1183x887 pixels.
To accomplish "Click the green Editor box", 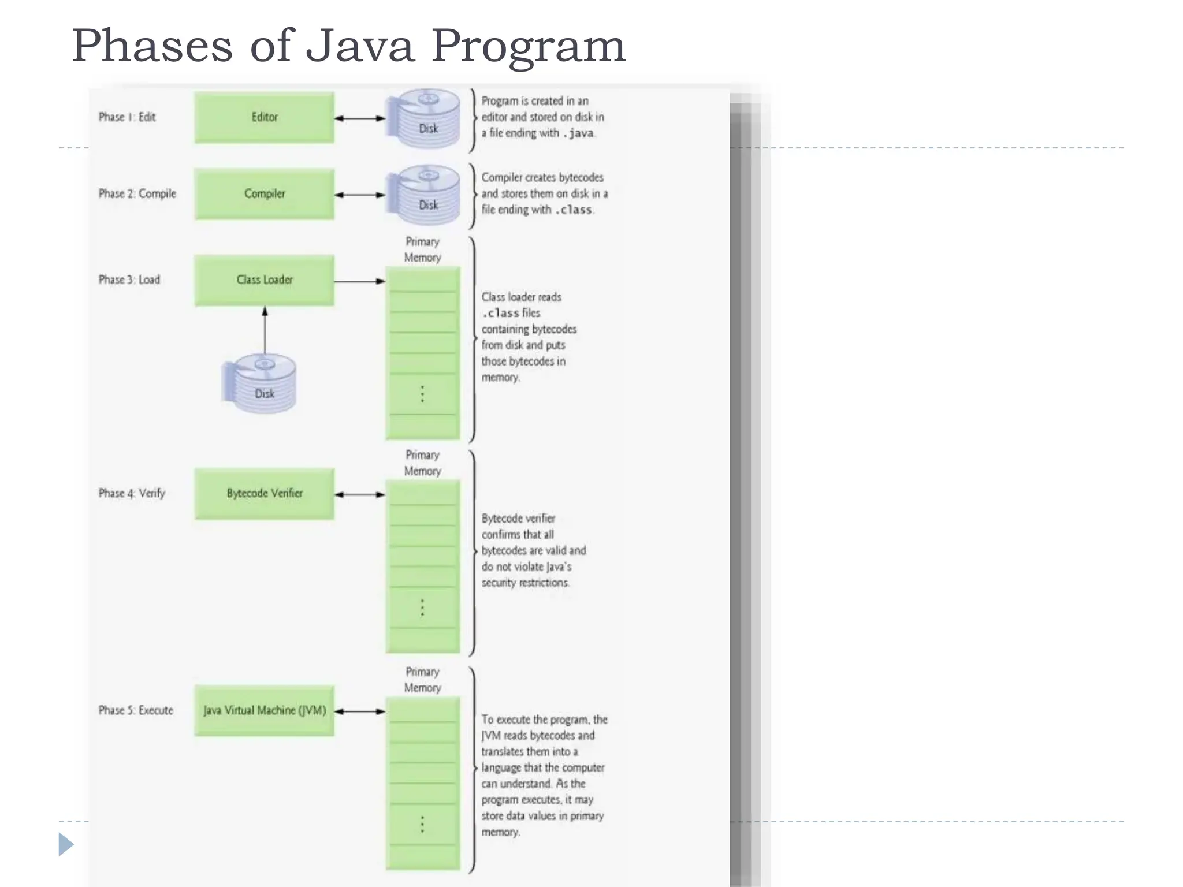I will (x=264, y=117).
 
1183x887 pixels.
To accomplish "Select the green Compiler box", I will (x=264, y=194).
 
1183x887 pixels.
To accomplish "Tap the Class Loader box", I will (x=264, y=280).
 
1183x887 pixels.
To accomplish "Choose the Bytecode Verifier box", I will (x=264, y=494).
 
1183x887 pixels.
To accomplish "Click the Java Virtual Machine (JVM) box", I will (x=264, y=710).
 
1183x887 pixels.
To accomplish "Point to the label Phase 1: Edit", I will (x=127, y=117).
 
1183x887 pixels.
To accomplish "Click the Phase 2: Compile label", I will (x=137, y=194).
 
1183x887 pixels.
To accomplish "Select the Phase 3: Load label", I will (x=129, y=280).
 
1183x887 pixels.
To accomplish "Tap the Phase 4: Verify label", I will (x=132, y=494).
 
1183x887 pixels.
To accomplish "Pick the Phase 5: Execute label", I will (x=136, y=710).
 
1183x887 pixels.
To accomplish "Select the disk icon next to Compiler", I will (x=425, y=195).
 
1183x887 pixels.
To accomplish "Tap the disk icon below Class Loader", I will (x=260, y=383).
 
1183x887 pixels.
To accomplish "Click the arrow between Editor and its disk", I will (x=359, y=118).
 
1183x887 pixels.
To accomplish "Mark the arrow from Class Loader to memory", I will (x=359, y=281).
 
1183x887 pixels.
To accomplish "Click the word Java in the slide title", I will (x=359, y=46).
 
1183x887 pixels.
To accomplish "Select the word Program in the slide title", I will (x=528, y=46).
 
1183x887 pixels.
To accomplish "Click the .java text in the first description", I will (x=579, y=133).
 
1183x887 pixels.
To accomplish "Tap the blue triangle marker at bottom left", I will (x=66, y=844).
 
